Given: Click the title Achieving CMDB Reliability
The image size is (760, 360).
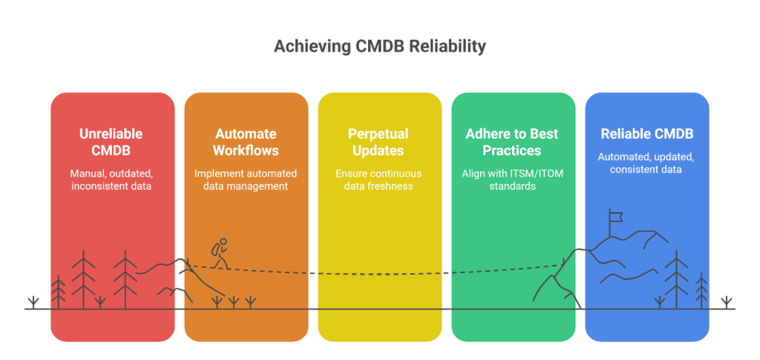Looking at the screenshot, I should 379,47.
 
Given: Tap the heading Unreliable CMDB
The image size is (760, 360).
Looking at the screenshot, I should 112,142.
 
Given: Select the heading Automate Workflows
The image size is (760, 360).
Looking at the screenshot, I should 246,142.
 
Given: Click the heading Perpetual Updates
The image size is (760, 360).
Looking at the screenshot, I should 379,142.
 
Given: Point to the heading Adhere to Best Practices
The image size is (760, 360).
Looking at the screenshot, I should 513,142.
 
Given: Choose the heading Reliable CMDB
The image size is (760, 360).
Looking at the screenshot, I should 646,134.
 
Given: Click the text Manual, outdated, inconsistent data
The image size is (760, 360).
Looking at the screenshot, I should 112,180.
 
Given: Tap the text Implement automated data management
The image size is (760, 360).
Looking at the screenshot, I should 246,180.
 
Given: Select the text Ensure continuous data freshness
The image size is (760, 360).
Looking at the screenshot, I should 379,180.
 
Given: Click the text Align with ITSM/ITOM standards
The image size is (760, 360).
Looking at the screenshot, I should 513,180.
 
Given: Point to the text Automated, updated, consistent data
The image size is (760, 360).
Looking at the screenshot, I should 646,163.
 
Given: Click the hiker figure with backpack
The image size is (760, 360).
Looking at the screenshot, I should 218,253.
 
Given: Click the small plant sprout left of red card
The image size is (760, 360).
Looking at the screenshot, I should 33,301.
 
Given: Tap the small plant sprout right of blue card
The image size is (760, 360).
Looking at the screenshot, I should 727,301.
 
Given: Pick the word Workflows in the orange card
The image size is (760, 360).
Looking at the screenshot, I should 246,150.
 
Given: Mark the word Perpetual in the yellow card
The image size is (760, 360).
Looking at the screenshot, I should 379,134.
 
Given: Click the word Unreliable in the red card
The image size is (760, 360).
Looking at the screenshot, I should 112,134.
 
